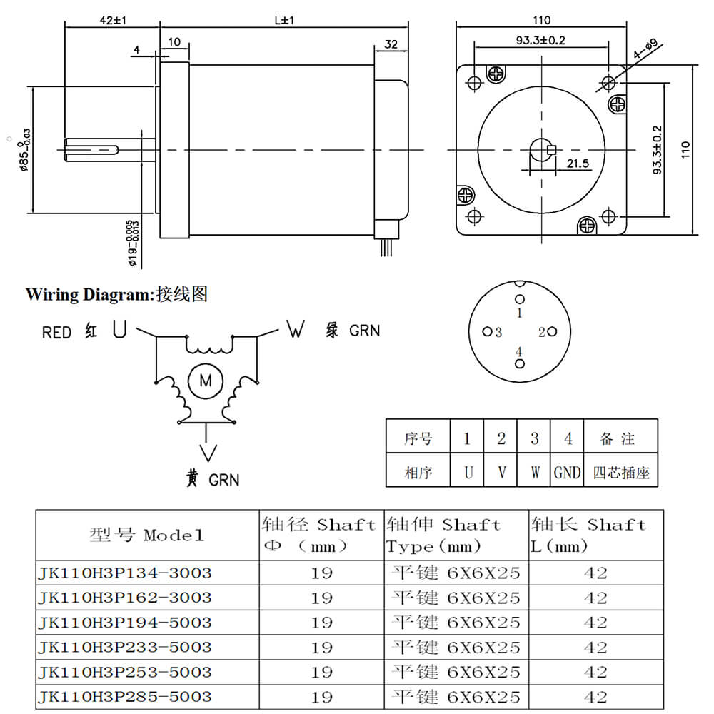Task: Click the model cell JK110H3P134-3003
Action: coord(126,573)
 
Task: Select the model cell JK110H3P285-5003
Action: coord(126,696)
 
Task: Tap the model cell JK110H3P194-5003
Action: coord(126,623)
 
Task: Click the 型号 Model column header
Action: coord(147,535)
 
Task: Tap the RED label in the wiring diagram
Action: coord(57,333)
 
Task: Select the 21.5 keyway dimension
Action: coord(578,164)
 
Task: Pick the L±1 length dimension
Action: coord(284,21)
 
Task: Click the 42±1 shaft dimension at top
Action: coord(112,21)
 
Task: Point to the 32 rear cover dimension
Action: coord(391,44)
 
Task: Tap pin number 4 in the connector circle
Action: coord(520,352)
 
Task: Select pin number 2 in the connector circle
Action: coord(542,332)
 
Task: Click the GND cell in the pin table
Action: coord(567,472)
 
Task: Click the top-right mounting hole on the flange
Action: coord(608,82)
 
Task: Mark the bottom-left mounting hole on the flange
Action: coord(473,216)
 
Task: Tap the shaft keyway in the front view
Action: coord(550,150)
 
